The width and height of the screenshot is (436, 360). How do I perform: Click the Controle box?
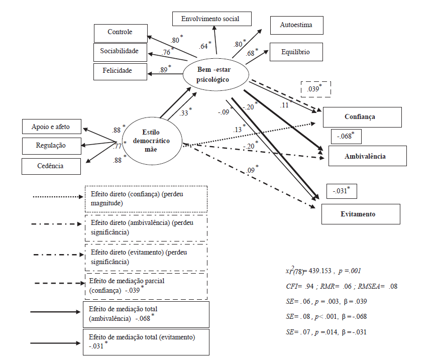tap(120, 33)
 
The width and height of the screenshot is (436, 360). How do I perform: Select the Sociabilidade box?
tap(120, 52)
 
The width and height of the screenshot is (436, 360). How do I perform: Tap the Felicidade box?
tap(120, 71)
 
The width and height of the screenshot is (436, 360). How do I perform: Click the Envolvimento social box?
tap(212, 19)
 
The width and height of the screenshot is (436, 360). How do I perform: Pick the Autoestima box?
tap(296, 25)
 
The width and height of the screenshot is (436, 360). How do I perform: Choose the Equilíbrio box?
tap(296, 52)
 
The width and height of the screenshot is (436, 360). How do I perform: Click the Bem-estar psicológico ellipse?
tap(216, 75)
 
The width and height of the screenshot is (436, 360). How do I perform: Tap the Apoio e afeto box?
tap(52, 127)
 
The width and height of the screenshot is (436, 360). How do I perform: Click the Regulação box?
tap(52, 146)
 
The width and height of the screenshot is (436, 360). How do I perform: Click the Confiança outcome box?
tap(362, 117)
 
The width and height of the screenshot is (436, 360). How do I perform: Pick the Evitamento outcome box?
tap(361, 214)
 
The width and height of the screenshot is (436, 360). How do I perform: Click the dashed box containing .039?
tap(315, 89)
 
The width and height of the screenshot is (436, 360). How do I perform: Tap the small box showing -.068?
tap(346, 137)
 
